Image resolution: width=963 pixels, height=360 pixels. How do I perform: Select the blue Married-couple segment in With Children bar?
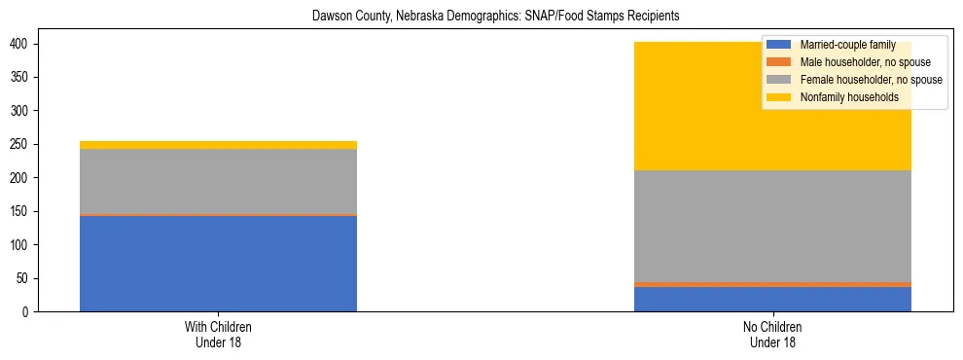coord(218,264)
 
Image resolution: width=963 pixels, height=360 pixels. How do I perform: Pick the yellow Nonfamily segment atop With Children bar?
coord(218,145)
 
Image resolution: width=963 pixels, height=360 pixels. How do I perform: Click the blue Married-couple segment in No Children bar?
coord(772,299)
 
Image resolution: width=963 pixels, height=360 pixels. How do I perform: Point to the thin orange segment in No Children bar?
coord(772,284)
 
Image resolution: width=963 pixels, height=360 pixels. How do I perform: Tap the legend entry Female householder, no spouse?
coord(856,80)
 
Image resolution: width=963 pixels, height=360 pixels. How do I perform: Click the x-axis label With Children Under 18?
coord(218,335)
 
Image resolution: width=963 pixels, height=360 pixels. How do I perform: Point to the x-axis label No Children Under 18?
coord(772,335)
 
